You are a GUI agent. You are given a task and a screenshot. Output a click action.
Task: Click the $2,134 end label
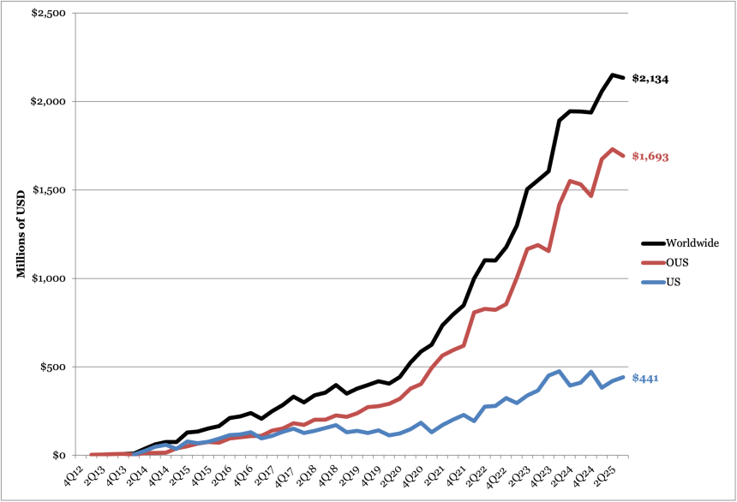650,79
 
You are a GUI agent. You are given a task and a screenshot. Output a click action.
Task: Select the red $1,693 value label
650,157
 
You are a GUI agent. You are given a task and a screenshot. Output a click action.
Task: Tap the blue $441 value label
644,378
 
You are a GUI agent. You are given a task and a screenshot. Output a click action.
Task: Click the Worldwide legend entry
680,243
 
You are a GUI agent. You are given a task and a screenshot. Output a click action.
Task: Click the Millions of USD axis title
21,234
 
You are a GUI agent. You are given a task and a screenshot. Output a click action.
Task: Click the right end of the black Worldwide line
624,78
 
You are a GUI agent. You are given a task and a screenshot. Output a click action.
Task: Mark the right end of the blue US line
624,377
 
